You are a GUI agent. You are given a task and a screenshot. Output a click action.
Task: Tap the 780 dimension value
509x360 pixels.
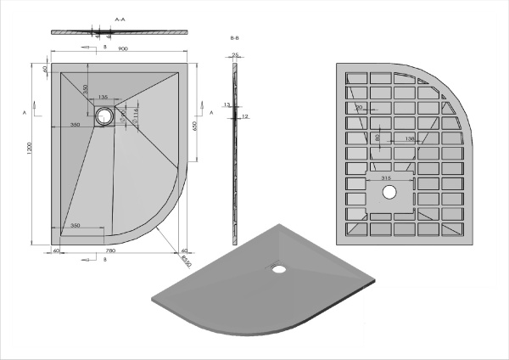[x=110, y=251]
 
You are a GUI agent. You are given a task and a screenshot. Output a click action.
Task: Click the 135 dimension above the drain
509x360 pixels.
[x=103, y=97]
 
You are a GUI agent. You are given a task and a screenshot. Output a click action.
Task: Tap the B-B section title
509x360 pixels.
[x=235, y=39]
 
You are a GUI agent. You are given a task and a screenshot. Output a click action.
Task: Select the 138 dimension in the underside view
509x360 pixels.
[x=411, y=138]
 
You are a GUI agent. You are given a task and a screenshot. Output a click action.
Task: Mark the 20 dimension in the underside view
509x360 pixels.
[x=360, y=107]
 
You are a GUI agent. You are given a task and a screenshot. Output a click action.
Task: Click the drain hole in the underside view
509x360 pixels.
[x=389, y=193]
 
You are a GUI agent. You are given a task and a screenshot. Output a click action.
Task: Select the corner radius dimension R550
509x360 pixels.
[x=185, y=258]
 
